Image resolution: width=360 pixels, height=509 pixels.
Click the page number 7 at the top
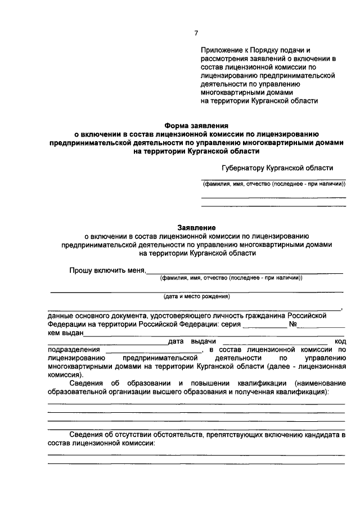point(196,33)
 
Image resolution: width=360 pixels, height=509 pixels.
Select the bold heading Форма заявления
point(196,127)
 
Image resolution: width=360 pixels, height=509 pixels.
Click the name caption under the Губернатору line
point(273,184)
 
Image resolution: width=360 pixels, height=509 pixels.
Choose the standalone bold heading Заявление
point(196,228)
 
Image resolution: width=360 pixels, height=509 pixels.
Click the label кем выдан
point(66,333)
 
